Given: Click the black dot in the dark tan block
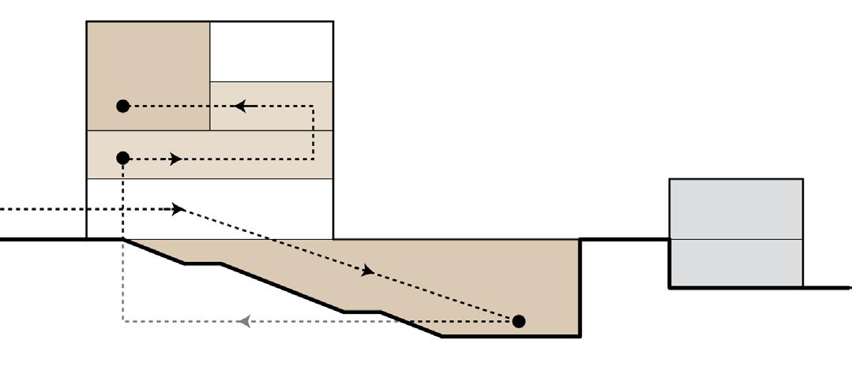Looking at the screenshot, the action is pos(122,106).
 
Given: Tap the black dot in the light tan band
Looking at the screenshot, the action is pos(122,159).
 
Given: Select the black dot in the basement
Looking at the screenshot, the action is pos(518,321).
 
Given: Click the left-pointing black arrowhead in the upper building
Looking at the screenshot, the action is pos(241,106).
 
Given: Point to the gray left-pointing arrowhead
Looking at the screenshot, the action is pos(245,321).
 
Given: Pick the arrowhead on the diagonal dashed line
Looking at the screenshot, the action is pos(367,272).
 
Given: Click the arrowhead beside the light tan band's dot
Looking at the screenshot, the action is pos(175,159).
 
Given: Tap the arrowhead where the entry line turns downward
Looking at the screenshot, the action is pos(178,209).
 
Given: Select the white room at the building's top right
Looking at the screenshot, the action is pos(271,51).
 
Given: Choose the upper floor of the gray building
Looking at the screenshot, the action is pos(736,209).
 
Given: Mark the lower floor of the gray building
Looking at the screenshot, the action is pos(736,263).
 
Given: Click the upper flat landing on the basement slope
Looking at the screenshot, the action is pos(202,264).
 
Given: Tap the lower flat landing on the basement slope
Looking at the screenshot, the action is pos(362,312).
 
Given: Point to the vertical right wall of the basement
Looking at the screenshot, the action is pos(580,288).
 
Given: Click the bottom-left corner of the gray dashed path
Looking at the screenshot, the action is pos(123,321).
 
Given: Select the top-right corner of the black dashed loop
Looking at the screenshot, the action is pos(313,106).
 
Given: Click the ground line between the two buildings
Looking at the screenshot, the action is pos(624,238).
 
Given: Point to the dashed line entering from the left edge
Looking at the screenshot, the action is pos(79,209).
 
